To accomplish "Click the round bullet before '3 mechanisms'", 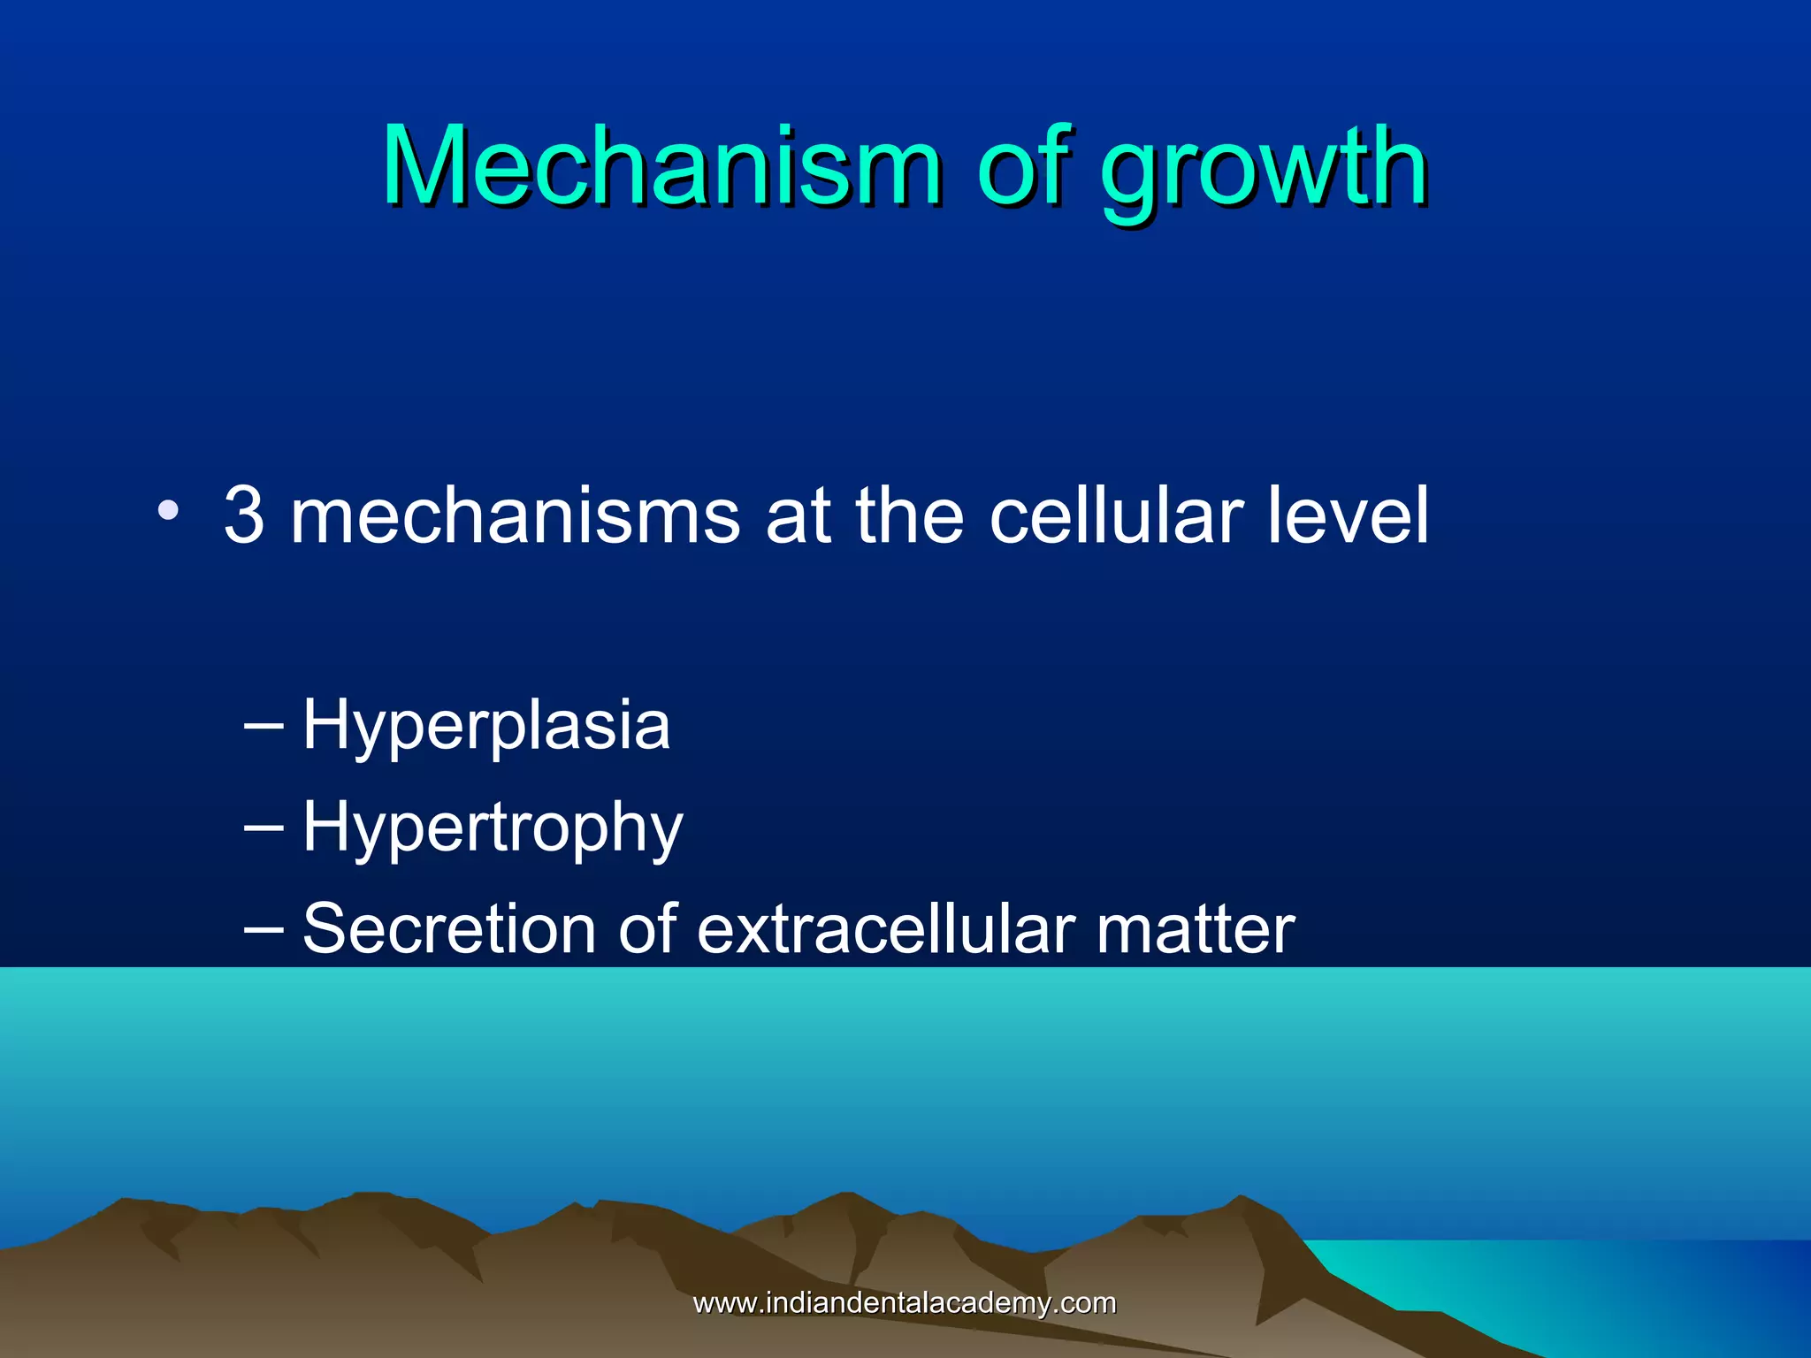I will (168, 511).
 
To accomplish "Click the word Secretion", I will (449, 929).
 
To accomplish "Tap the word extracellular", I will (885, 929).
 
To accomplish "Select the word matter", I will (1195, 929).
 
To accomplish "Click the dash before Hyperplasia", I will (264, 725).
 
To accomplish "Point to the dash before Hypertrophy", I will (264, 827).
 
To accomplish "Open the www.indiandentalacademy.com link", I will (905, 1302).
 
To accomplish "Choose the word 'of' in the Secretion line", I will (646, 929).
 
